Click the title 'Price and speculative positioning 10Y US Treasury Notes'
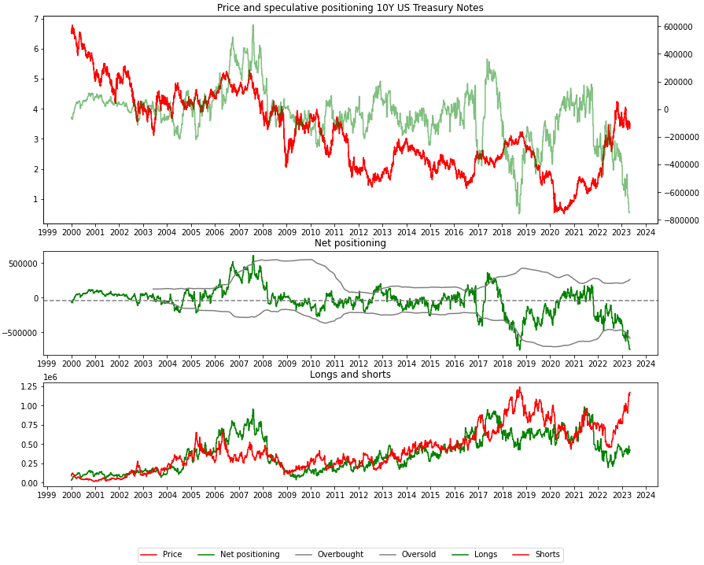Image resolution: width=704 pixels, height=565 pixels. pos(350,8)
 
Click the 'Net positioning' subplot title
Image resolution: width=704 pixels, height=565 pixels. pos(350,243)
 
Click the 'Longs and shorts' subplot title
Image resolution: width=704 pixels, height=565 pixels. pos(350,375)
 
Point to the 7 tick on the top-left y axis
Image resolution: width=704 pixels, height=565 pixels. pos(37,19)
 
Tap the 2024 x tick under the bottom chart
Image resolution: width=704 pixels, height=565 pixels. pos(645,493)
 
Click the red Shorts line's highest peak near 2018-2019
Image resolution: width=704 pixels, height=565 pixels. pos(519,388)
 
